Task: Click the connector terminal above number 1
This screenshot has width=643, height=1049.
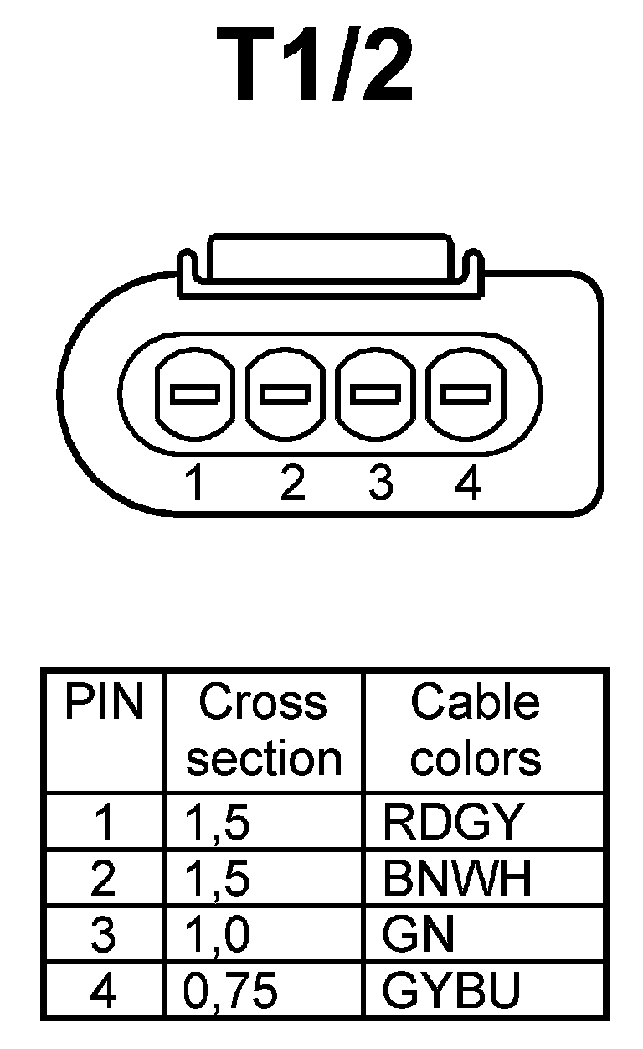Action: tap(194, 394)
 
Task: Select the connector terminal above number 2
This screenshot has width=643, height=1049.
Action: tap(285, 393)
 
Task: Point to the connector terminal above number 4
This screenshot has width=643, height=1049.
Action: tap(465, 393)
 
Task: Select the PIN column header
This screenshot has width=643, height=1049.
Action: tap(104, 704)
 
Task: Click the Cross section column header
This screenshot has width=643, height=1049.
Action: tap(264, 731)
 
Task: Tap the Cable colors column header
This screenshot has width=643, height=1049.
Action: tap(476, 731)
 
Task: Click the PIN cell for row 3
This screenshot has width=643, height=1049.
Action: tap(103, 935)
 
